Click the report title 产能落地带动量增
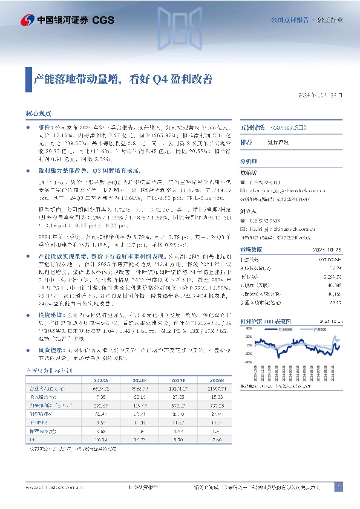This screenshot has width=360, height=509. (131, 77)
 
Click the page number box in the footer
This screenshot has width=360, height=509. (338, 487)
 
